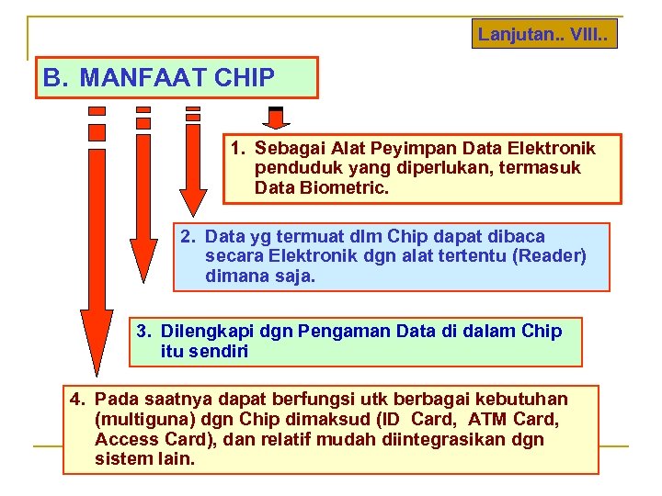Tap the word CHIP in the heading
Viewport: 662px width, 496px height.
(x=244, y=78)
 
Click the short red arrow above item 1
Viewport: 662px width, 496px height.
(x=276, y=118)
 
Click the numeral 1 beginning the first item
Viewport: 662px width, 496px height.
(x=236, y=149)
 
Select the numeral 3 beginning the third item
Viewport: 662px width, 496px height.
(x=143, y=331)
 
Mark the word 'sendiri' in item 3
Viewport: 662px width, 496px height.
(x=221, y=351)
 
